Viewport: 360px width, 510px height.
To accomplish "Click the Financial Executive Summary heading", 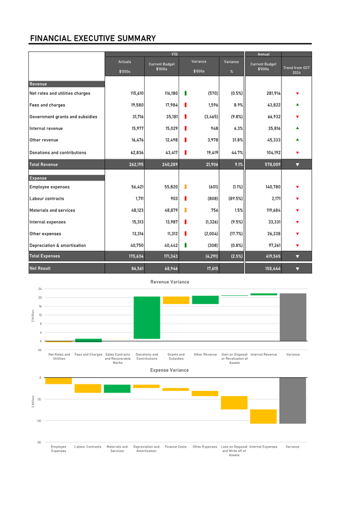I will pos(93,38).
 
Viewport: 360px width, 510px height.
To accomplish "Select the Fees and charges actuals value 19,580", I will pos(137,105).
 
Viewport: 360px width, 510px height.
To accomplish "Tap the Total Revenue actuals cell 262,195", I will pos(136,164).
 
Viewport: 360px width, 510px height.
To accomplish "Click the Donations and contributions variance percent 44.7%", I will pos(237,152).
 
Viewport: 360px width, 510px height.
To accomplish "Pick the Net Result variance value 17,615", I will pos(212,269).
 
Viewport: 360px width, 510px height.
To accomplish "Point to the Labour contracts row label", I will pos(47,199).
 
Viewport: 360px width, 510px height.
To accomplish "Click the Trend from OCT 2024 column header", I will pos(296,70).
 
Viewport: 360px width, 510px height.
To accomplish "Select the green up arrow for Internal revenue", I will pos(297,128).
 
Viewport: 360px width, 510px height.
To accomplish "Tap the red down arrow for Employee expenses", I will pos(297,187).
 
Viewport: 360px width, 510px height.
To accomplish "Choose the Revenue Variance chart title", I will pos(170,282).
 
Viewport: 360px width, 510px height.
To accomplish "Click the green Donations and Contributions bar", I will pos(147,317).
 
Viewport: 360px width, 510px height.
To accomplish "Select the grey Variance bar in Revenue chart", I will pos(293,317).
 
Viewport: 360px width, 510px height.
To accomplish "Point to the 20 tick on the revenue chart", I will pos(40,297).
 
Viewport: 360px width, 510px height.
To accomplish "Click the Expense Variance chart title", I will pos(169,370).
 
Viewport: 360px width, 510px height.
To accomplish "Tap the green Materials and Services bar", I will pos(117,388).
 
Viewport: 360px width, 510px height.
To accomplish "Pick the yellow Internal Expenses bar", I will pos(263,416).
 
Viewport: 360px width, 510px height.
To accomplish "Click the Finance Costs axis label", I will pos(176,447).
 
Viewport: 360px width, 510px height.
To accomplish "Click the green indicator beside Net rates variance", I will pos(186,93).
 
